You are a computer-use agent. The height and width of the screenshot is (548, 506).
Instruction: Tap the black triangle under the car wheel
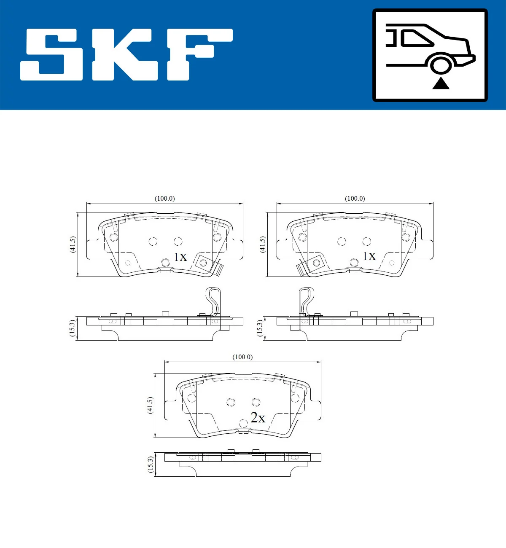(441, 83)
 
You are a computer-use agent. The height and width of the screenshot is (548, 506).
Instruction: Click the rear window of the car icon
(415, 38)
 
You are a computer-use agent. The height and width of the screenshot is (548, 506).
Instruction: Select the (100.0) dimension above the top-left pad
(164, 199)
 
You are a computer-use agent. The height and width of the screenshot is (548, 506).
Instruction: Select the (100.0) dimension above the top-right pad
(355, 199)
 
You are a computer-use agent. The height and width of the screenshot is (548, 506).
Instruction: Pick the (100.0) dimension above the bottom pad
(242, 357)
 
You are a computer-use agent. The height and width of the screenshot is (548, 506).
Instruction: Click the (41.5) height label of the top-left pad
(73, 244)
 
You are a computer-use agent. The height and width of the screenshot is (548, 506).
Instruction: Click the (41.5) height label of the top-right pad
(263, 244)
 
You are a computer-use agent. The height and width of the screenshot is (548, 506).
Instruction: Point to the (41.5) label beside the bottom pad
(150, 405)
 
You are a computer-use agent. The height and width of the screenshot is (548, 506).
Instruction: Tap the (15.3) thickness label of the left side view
(72, 328)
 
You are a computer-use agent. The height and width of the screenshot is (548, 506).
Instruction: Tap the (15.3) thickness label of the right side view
(260, 328)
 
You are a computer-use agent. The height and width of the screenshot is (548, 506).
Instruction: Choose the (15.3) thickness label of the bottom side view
(150, 464)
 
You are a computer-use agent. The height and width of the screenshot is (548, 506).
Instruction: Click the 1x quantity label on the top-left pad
(180, 257)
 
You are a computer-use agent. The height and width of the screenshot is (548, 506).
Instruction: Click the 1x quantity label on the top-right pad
(369, 256)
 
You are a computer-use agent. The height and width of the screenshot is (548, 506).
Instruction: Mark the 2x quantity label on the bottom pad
(258, 418)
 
